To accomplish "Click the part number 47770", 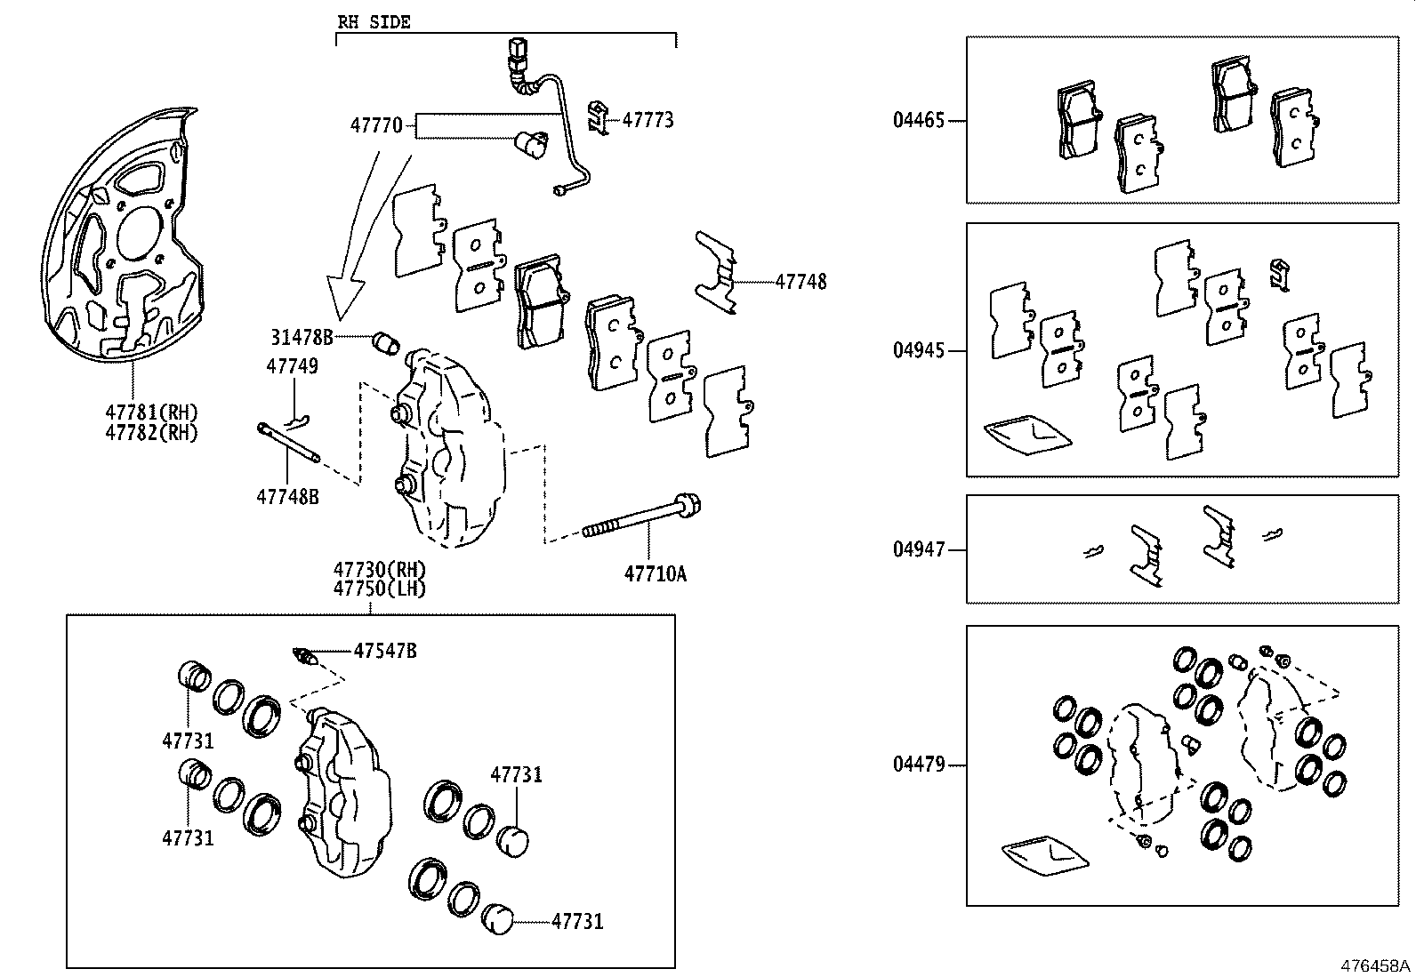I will (375, 125).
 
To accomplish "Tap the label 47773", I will (648, 119).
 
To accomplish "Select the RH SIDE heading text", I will (374, 22).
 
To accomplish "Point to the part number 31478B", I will (302, 337).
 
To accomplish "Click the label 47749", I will (292, 366).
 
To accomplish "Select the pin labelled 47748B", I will (288, 444).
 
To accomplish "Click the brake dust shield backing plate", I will (125, 240).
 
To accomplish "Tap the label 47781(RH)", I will (151, 412).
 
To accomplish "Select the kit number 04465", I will (919, 120).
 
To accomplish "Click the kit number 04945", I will (919, 350).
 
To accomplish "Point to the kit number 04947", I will (919, 549).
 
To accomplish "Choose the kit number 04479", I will (919, 765).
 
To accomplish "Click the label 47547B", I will (384, 651).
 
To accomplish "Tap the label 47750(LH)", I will (380, 589).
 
